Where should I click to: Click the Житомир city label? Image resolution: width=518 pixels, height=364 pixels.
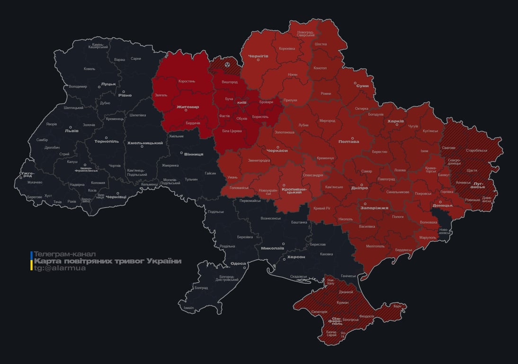click(188, 107)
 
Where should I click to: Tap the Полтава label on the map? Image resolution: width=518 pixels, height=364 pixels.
click(348, 141)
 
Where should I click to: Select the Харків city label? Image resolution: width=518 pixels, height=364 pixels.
click(395, 121)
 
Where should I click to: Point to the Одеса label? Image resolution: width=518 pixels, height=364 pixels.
click(238, 264)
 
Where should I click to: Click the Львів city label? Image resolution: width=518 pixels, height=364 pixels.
click(72, 130)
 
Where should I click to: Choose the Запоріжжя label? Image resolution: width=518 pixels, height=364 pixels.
click(374, 208)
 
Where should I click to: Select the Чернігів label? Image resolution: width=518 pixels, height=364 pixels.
click(258, 56)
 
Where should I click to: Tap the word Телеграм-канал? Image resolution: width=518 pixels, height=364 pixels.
click(65, 254)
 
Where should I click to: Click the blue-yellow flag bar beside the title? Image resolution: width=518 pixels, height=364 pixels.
click(31, 261)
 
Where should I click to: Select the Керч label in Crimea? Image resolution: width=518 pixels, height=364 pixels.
click(397, 306)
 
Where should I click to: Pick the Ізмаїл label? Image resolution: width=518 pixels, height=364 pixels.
click(188, 308)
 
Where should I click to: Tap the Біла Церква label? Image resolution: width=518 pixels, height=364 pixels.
click(232, 130)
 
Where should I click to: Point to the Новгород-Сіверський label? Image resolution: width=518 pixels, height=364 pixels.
click(305, 34)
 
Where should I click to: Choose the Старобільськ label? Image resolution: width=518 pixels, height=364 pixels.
click(476, 150)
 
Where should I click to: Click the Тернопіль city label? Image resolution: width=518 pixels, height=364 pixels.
click(106, 141)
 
